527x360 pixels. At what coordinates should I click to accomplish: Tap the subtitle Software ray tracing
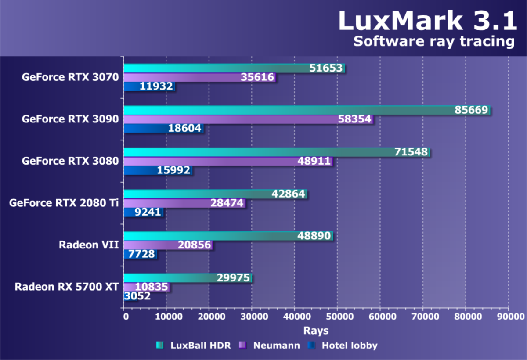433,42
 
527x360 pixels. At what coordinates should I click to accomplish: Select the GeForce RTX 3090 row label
70,119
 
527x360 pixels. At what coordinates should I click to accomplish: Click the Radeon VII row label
89,245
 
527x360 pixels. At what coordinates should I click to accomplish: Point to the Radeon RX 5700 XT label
67,287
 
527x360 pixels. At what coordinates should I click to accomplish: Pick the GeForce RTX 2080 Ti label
64,203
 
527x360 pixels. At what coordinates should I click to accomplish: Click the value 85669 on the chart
472,110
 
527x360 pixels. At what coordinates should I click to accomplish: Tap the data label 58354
355,119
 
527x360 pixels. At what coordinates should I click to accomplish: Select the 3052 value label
137,296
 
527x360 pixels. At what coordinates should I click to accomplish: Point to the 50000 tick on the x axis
337,317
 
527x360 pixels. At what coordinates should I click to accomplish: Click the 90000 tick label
508,317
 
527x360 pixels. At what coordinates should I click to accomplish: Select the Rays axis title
315,330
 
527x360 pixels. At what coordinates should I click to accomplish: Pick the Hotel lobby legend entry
349,346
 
